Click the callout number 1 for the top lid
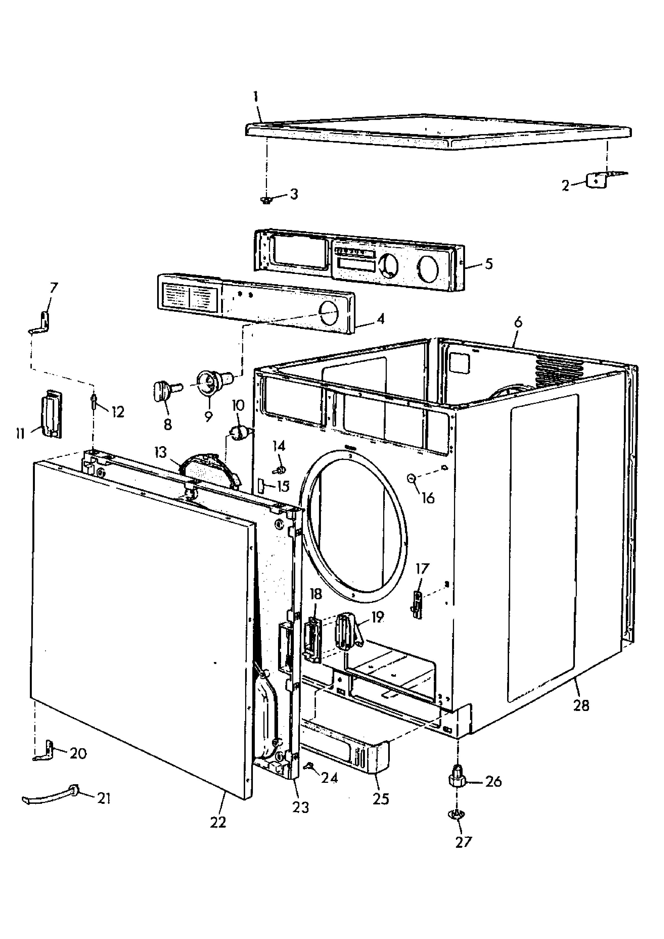click(x=256, y=97)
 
